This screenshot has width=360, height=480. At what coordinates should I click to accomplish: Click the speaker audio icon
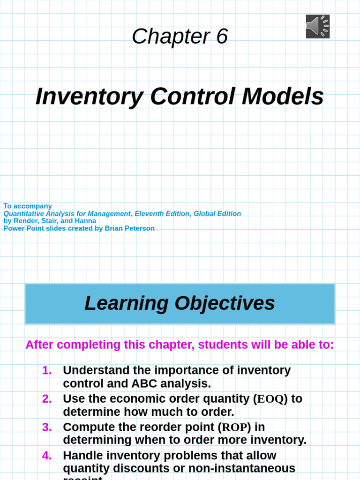click(x=318, y=26)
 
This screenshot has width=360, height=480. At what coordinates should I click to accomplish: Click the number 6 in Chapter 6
click(x=222, y=37)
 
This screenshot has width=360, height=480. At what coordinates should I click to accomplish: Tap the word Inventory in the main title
click(x=89, y=97)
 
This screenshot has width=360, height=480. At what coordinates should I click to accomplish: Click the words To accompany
click(x=28, y=206)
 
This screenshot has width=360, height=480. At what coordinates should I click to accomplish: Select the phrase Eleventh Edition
click(x=162, y=214)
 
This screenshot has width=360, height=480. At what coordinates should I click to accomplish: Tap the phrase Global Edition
click(x=217, y=214)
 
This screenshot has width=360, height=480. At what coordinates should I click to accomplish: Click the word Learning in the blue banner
click(x=126, y=303)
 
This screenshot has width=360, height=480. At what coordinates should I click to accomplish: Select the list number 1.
click(x=47, y=371)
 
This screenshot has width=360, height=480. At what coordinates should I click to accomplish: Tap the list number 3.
click(x=47, y=427)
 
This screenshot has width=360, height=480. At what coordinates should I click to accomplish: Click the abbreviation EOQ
click(x=270, y=399)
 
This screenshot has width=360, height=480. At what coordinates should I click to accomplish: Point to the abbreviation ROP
click(x=234, y=427)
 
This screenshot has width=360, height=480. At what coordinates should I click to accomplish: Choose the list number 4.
click(x=47, y=456)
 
